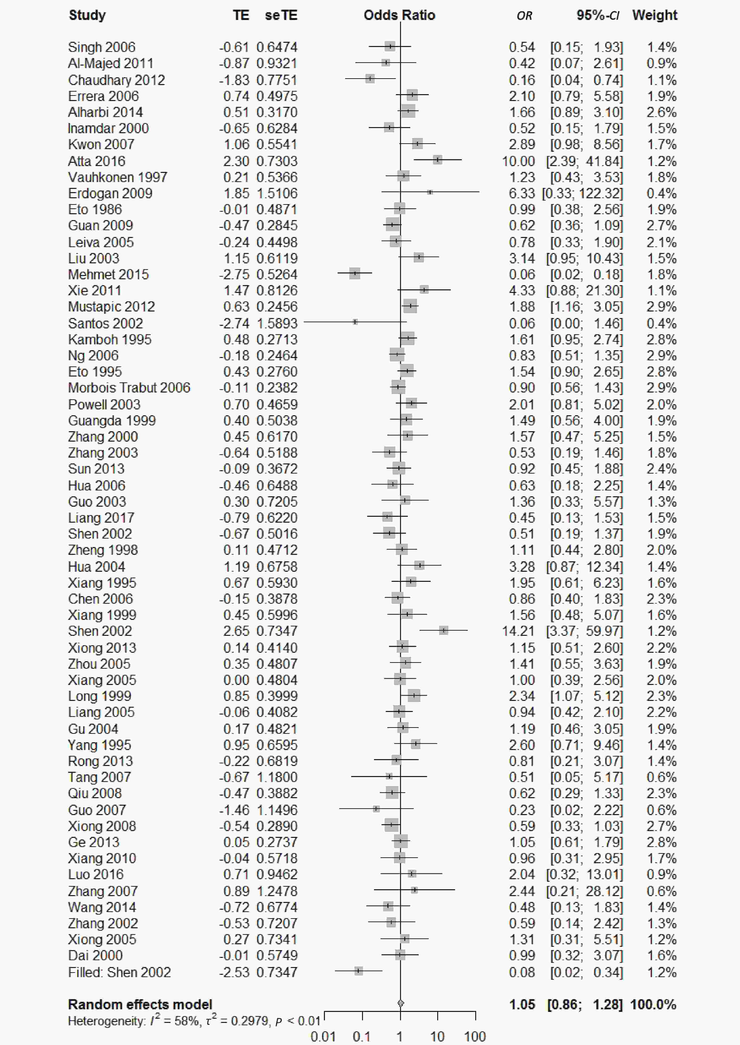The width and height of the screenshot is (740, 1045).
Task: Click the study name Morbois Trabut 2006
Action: (129, 388)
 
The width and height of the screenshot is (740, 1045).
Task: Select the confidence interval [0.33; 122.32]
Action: (582, 193)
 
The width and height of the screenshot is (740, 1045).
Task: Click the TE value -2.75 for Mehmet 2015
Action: (234, 274)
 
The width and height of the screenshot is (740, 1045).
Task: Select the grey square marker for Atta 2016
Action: (437, 160)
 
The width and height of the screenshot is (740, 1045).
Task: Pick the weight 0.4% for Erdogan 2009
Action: (661, 193)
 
